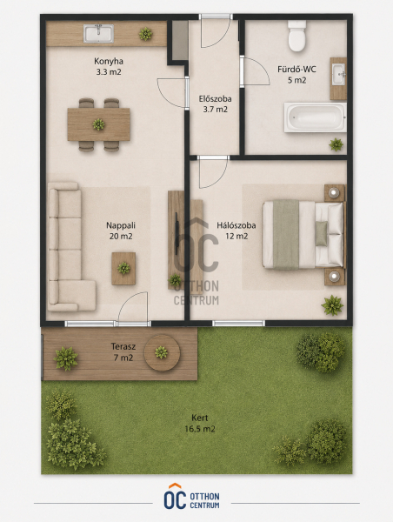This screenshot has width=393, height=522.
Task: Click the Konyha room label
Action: (x=109, y=61)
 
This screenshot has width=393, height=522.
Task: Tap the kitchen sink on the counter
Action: (x=98, y=34)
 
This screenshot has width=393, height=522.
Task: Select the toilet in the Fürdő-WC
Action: (x=296, y=36)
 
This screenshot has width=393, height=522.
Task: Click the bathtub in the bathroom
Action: (x=315, y=117)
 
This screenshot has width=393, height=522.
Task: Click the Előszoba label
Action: (x=216, y=99)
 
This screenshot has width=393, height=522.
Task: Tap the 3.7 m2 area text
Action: (x=216, y=110)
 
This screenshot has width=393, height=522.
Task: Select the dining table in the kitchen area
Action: (x=98, y=124)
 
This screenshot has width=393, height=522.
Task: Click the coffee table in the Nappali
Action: (x=123, y=268)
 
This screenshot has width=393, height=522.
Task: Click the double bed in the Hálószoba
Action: (x=303, y=234)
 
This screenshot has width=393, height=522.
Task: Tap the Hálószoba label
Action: (x=236, y=225)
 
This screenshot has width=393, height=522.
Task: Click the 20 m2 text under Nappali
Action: (x=121, y=237)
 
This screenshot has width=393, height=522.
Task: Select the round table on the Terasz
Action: (x=162, y=352)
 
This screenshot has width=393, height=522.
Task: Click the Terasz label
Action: (x=123, y=346)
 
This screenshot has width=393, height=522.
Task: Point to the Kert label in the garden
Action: (x=200, y=418)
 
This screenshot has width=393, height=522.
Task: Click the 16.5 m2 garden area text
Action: (x=200, y=429)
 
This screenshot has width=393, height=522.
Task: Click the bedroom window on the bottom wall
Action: (x=238, y=324)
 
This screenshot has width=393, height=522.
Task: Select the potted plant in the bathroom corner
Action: (x=336, y=144)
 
